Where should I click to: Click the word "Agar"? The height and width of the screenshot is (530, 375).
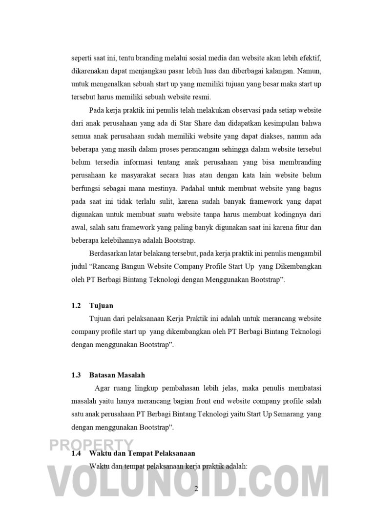pyautogui.click(x=102, y=388)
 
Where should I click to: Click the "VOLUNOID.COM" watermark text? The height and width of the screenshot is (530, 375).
pyautogui.click(x=187, y=483)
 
